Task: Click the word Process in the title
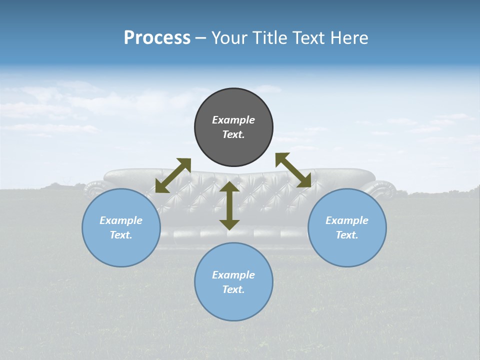[157, 38]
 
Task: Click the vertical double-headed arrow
[229, 205]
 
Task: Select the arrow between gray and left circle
[173, 175]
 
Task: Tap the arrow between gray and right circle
[293, 170]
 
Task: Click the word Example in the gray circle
[233, 120]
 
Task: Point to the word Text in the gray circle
[233, 134]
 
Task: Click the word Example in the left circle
[121, 220]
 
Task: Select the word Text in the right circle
[347, 235]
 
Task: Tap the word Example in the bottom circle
[233, 275]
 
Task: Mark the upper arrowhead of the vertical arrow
[229, 188]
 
